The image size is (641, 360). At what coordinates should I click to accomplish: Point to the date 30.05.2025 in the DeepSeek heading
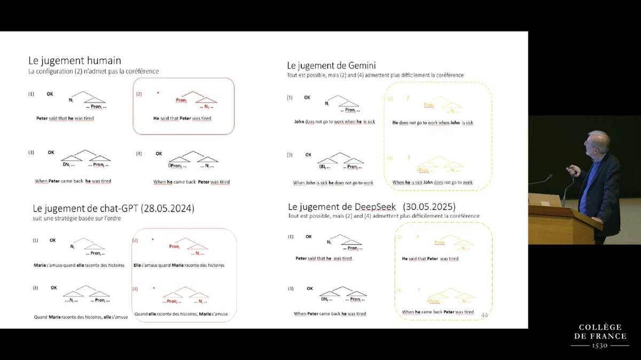tap(436, 206)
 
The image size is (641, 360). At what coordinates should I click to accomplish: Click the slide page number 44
tap(484, 315)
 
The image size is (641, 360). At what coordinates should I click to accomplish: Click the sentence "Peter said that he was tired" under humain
tap(62, 118)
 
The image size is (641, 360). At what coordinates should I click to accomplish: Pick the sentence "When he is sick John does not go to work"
tap(433, 183)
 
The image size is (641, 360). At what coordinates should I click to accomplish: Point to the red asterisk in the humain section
tap(158, 93)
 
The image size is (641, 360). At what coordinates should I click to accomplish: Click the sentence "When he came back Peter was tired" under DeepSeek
tap(438, 312)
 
